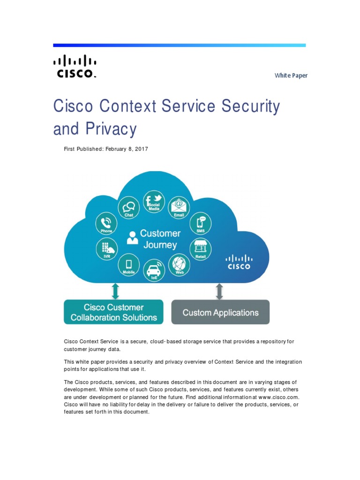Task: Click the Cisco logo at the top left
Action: [75, 66]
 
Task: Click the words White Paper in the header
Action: [291, 75]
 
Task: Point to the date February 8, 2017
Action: [127, 149]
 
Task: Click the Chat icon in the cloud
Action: [129, 207]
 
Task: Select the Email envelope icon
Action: [179, 207]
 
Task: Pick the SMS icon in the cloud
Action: [201, 223]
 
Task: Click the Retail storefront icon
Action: [201, 248]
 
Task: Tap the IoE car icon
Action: [154, 270]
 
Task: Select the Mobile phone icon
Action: [128, 264]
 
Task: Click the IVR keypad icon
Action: [107, 248]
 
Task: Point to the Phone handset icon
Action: [107, 223]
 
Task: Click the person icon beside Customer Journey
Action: [133, 237]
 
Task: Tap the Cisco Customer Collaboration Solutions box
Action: [113, 312]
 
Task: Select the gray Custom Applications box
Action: [220, 312]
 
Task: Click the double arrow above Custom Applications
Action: [219, 292]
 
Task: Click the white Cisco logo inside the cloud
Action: [239, 262]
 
